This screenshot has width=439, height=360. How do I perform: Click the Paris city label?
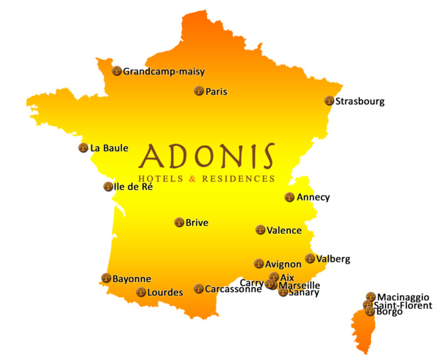tap(216, 91)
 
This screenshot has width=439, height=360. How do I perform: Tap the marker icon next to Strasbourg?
tap(329, 101)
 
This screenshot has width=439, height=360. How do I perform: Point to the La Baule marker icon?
tap(83, 148)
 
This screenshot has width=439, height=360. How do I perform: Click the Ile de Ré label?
tap(133, 187)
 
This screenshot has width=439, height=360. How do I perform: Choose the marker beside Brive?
tap(179, 223)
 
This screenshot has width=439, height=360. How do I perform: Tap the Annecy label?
tap(313, 198)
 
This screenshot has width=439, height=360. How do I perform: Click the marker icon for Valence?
tap(260, 230)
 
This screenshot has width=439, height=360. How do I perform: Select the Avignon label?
tap(283, 264)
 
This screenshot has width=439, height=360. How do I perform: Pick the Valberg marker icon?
tap(310, 259)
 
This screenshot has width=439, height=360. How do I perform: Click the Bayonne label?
tap(132, 279)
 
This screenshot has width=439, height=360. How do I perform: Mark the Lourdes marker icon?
tap(140, 292)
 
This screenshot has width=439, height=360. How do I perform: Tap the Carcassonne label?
tap(233, 289)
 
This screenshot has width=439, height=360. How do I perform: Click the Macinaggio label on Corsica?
tap(403, 297)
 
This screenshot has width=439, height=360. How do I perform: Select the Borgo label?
tap(389, 312)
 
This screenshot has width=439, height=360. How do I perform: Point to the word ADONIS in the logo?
tap(208, 157)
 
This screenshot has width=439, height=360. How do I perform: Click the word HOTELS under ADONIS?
tap(162, 179)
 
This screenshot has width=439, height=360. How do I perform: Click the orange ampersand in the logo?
tap(193, 179)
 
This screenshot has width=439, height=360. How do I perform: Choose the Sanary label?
tap(304, 293)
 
